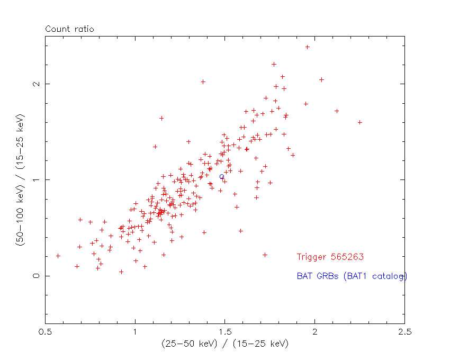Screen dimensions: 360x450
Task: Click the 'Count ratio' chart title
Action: pos(69,29)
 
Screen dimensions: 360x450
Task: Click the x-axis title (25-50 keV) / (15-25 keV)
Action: pos(225,344)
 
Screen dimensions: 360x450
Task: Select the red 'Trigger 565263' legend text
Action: pos(330,257)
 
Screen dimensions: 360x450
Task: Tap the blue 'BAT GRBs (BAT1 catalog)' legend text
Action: pos(352,276)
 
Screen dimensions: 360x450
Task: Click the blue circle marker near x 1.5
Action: pos(222,177)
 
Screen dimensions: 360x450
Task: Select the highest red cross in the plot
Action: pos(307,47)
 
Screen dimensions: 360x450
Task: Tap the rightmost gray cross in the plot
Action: pos(360,122)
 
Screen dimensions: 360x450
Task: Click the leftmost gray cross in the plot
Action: pos(58,256)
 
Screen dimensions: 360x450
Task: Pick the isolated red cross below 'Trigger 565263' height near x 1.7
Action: pos(265,255)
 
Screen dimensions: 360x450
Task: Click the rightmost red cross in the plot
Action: pos(337,111)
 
